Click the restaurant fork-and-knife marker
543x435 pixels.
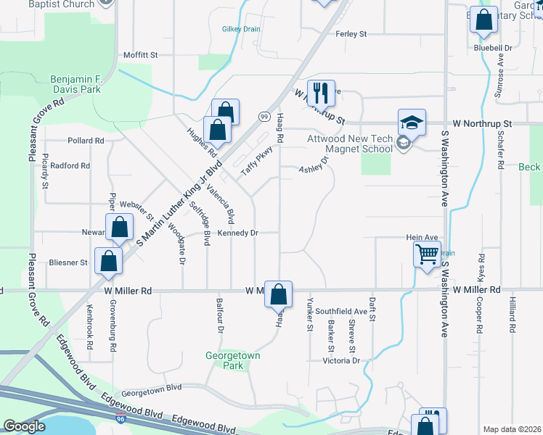(x=320, y=93)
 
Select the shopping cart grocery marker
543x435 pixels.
(x=427, y=254)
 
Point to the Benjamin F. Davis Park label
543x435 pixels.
(x=86, y=84)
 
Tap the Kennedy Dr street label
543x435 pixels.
(x=237, y=233)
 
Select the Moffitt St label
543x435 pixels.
(x=140, y=54)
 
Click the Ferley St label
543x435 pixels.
(x=351, y=34)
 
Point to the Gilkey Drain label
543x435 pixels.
(x=241, y=30)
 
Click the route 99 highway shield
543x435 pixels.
(x=265, y=117)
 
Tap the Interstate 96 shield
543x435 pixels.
(x=119, y=419)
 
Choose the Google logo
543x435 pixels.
(x=25, y=426)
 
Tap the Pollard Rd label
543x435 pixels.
(x=86, y=141)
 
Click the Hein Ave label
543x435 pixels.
(x=422, y=237)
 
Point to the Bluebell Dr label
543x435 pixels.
(x=493, y=48)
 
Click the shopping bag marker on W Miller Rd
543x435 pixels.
(x=278, y=294)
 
